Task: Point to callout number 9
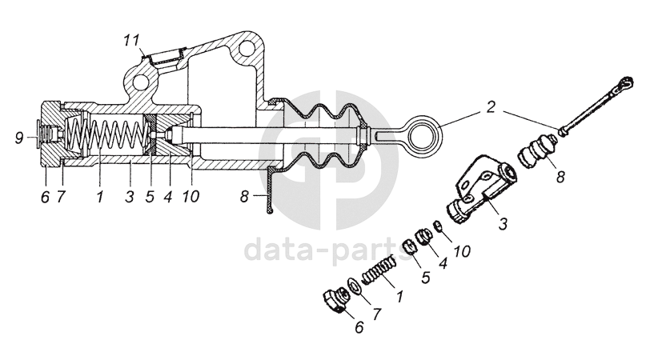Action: coord(19,138)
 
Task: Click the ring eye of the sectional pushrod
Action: coord(421,132)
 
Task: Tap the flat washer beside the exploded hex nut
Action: coord(353,286)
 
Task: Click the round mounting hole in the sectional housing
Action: coord(141,82)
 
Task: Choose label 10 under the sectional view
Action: coord(190,195)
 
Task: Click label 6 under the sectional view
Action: coord(46,195)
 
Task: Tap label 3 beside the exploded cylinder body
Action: coord(502,225)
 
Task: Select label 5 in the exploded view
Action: coord(426,276)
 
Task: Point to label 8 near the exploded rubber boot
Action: coord(560,176)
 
